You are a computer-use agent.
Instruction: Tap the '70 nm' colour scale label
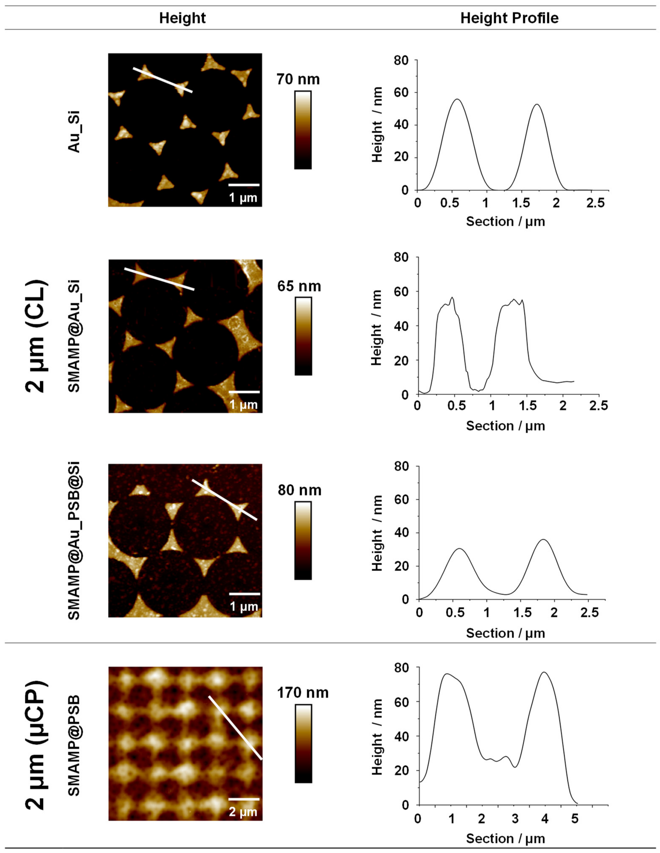coord(298,79)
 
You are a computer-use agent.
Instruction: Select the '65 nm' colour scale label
coord(299,286)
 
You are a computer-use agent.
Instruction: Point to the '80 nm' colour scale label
coord(299,490)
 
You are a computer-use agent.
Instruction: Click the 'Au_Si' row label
coord(74,132)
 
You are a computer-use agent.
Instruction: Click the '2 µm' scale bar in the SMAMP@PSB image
coord(244,799)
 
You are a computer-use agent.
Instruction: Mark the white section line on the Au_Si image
coord(163,80)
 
